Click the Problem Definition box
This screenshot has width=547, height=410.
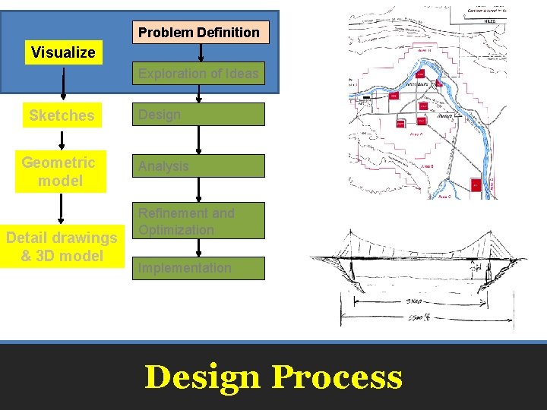[x=199, y=32]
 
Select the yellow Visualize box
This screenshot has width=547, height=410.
[x=63, y=52]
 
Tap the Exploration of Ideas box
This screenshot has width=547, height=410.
[x=198, y=74]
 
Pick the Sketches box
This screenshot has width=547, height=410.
[x=62, y=115]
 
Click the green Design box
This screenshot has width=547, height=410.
[x=198, y=115]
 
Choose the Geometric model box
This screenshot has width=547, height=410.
[x=59, y=172]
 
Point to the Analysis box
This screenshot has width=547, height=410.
[x=198, y=166]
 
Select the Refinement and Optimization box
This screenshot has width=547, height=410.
[x=198, y=221]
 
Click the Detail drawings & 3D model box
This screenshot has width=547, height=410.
[x=62, y=247]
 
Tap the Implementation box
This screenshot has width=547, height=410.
[x=198, y=268]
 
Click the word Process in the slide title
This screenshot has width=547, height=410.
[x=337, y=377]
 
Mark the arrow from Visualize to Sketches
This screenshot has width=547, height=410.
[x=63, y=84]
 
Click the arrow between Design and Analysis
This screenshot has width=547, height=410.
[x=198, y=140]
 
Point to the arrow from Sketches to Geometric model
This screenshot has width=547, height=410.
[x=62, y=140]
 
